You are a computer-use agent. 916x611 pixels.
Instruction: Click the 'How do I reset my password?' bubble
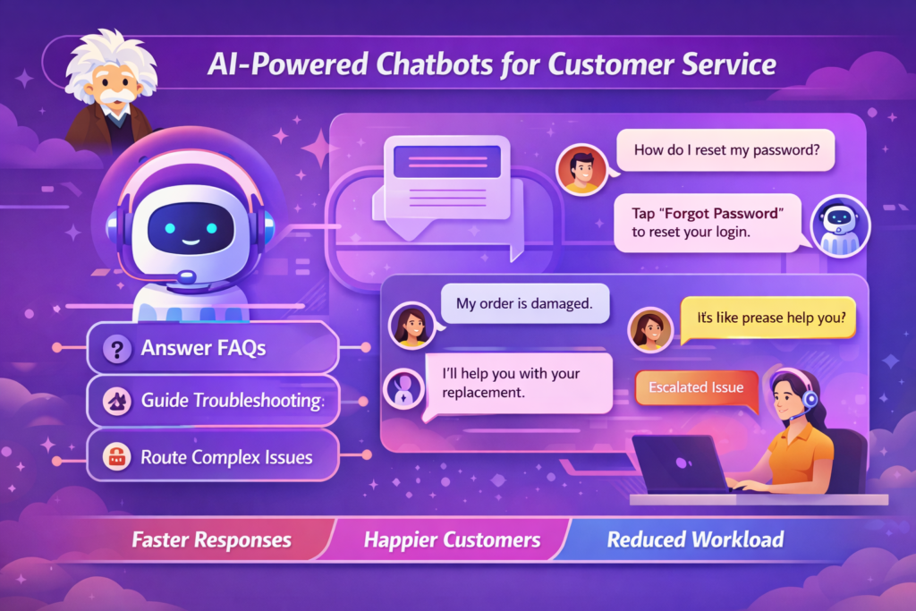pyautogui.click(x=725, y=150)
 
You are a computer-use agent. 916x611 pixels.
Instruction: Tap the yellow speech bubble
pyautogui.click(x=768, y=316)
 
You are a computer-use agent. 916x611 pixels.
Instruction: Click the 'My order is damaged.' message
pyautogui.click(x=524, y=303)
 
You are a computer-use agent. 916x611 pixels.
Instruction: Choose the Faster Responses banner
pyautogui.click(x=211, y=539)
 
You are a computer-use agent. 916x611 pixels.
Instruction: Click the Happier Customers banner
pyautogui.click(x=452, y=539)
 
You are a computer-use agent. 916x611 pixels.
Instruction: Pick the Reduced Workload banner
pyautogui.click(x=695, y=539)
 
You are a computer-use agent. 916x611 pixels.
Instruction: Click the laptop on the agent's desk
pyautogui.click(x=679, y=463)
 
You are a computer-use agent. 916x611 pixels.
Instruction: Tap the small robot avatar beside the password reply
pyautogui.click(x=839, y=226)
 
